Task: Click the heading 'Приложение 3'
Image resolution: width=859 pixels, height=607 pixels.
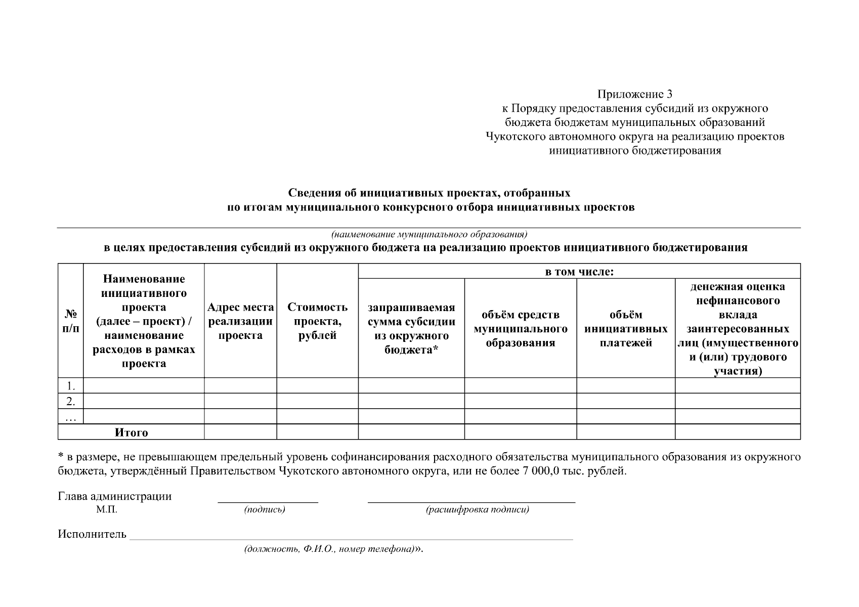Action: tap(634, 94)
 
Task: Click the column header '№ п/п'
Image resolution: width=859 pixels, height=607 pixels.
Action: tap(70, 321)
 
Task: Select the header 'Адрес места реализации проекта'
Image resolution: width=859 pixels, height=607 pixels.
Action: tap(240, 321)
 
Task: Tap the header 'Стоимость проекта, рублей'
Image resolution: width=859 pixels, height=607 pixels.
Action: tap(317, 321)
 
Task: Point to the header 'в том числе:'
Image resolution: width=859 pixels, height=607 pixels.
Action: tap(579, 272)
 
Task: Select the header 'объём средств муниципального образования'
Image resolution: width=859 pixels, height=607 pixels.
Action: tap(520, 328)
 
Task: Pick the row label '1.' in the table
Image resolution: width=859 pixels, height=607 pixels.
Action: tap(71, 386)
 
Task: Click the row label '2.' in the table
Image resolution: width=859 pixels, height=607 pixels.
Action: tap(71, 402)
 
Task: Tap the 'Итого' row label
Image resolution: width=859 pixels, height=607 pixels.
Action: tap(131, 432)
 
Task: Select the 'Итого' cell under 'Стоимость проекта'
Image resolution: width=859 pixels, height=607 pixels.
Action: tap(317, 432)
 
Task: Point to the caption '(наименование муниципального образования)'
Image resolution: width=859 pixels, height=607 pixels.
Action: tap(428, 235)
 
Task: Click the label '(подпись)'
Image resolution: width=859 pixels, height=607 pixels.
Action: tap(264, 510)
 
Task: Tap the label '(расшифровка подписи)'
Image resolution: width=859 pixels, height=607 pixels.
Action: tap(477, 510)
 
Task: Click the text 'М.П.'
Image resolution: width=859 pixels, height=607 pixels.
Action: tap(106, 510)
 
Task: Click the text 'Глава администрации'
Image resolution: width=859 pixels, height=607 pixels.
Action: tap(114, 496)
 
